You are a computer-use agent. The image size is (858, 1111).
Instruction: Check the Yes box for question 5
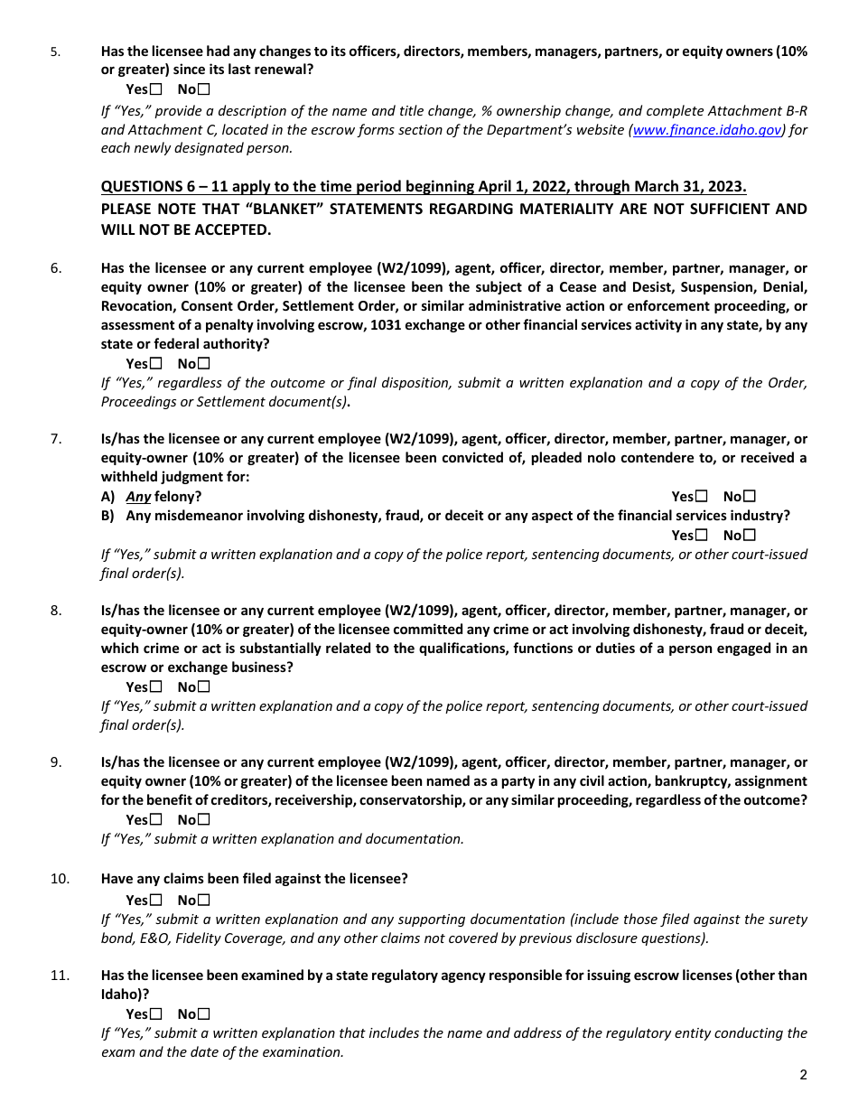coord(156,89)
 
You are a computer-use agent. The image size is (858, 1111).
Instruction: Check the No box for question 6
coord(203,363)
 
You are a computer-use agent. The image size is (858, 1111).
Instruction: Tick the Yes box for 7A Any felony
coord(702,496)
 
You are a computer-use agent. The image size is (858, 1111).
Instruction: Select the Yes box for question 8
coord(156,686)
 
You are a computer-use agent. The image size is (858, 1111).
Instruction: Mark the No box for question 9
coord(203,819)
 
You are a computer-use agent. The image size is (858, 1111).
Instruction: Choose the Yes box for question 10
coord(156,900)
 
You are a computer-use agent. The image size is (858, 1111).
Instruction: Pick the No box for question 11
coord(203,1013)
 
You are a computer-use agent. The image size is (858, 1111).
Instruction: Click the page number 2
coord(803,1074)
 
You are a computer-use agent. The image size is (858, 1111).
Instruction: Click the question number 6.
coord(56,268)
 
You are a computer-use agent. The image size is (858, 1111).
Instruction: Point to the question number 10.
coord(60,878)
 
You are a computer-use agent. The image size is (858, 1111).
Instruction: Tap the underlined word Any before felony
coord(138,497)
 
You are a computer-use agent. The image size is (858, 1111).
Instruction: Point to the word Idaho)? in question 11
coord(125,994)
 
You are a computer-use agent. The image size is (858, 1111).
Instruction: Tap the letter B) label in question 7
coord(108,516)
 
